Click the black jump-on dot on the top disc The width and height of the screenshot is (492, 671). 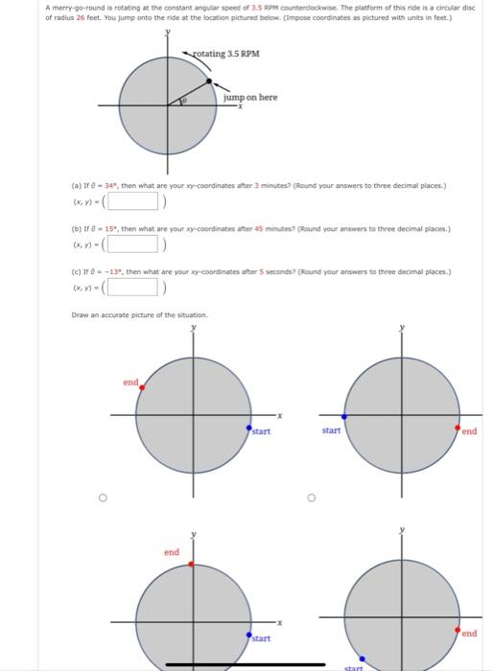click(209, 82)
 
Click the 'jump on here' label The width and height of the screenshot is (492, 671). click(250, 98)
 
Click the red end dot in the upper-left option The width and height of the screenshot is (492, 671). click(143, 387)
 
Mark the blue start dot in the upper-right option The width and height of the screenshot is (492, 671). click(345, 416)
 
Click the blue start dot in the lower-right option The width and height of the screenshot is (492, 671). click(363, 659)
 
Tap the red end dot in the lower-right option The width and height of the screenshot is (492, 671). click(457, 630)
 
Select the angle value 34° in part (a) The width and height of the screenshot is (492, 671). click(108, 184)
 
